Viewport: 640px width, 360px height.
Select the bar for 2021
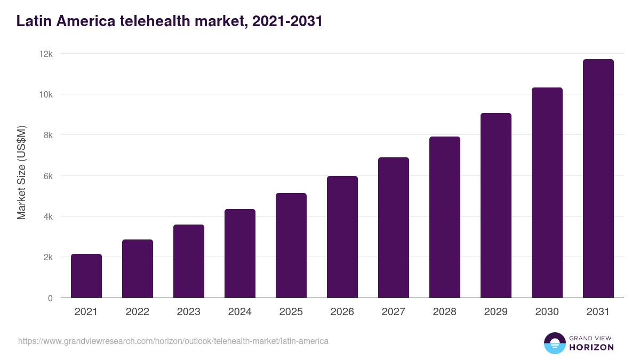tap(86, 276)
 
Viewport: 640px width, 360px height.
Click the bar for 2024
tap(240, 253)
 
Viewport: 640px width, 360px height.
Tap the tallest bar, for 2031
tap(598, 179)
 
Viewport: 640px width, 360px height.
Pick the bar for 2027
tap(394, 228)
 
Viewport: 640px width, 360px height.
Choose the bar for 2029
tap(496, 205)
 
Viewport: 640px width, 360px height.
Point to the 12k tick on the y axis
tap(46, 54)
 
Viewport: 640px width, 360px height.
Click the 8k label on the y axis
tap(48, 135)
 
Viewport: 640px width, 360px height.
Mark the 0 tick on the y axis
tap(50, 298)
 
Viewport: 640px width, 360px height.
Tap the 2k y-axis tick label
tap(48, 257)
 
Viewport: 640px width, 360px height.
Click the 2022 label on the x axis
tap(138, 312)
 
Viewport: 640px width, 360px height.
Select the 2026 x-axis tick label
tap(342, 312)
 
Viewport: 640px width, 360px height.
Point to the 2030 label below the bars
tap(547, 312)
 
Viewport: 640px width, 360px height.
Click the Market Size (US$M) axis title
tap(21, 173)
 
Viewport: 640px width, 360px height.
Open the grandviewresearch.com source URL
tap(173, 341)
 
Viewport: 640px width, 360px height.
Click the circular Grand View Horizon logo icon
tap(555, 343)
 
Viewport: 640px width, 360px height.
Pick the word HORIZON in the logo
tap(591, 347)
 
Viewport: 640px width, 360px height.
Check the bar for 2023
tap(189, 261)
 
